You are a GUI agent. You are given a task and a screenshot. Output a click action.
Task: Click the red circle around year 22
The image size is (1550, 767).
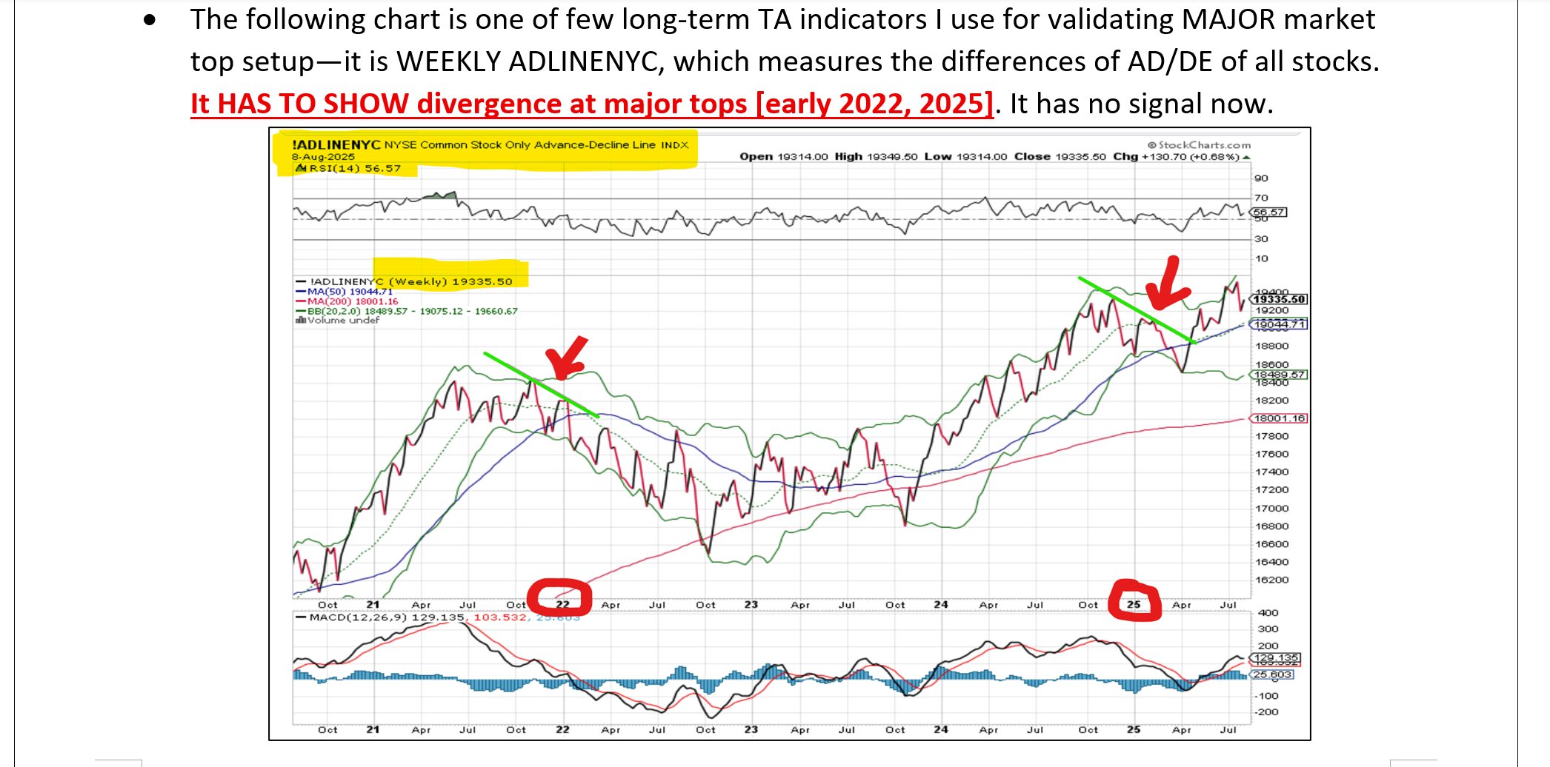click(x=559, y=597)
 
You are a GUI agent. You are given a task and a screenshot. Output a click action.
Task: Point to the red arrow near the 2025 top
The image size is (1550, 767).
click(x=1166, y=284)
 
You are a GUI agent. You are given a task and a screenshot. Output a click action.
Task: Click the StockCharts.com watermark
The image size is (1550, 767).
click(x=1199, y=145)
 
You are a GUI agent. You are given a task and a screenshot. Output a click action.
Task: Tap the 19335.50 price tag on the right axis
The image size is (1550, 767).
click(x=1279, y=299)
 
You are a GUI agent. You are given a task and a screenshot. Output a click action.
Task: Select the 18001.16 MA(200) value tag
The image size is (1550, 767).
click(x=1279, y=418)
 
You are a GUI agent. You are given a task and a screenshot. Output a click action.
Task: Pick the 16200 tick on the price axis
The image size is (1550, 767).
click(x=1271, y=580)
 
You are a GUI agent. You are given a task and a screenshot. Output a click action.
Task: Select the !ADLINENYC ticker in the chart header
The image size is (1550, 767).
click(x=336, y=144)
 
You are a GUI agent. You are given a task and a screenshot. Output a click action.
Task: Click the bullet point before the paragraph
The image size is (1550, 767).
click(x=150, y=21)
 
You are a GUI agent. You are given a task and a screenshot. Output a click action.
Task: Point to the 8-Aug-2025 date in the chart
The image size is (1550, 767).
click(x=323, y=157)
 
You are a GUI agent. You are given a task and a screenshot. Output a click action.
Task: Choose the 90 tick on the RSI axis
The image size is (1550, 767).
click(x=1261, y=178)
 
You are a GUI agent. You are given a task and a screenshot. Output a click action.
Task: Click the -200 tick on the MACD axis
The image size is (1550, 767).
click(x=1267, y=712)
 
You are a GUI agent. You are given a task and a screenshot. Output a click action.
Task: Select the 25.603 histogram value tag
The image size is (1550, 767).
click(x=1273, y=674)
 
